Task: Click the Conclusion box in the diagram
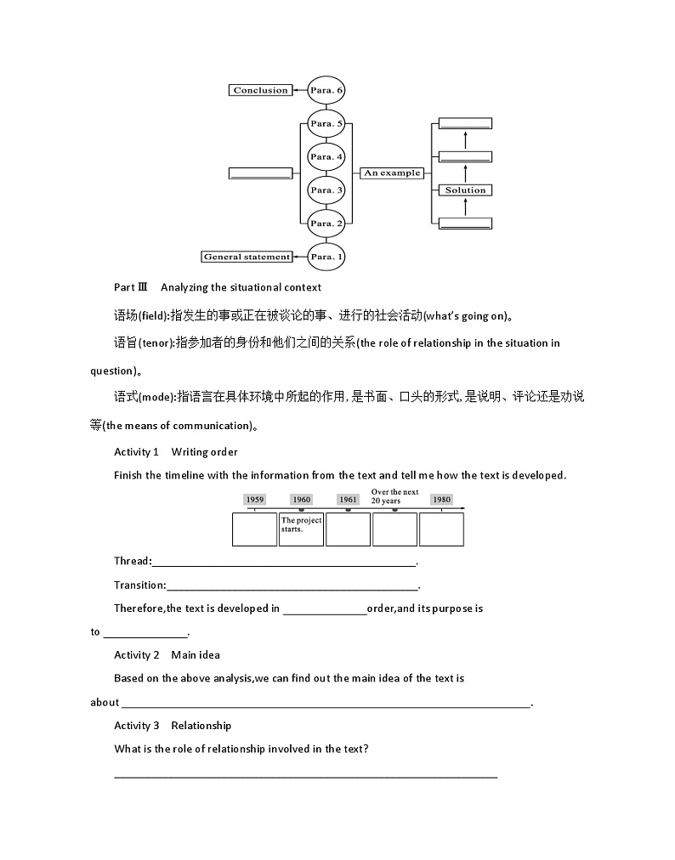pos(260,90)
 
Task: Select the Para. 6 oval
pos(326,90)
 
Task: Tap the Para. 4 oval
pos(326,156)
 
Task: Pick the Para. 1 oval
pos(326,256)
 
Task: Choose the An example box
pos(392,173)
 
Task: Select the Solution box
pos(465,190)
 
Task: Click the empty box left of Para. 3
pos(260,173)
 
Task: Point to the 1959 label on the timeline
pos(255,500)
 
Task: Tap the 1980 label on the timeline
pos(441,500)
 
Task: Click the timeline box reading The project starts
pos(301,529)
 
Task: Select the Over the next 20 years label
pos(394,496)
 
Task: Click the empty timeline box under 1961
pos(348,529)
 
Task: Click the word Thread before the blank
pos(132,561)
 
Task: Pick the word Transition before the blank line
pos(139,585)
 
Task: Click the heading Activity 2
pos(137,654)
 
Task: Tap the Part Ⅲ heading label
pos(131,287)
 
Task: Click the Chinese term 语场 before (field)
pos(125,316)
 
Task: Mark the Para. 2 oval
pos(326,223)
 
